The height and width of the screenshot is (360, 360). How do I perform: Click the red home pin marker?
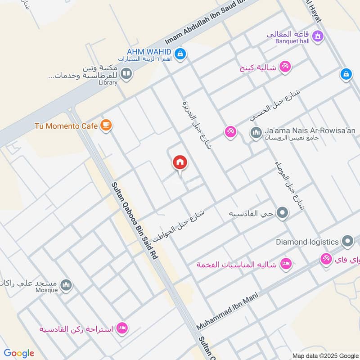[x=180, y=162]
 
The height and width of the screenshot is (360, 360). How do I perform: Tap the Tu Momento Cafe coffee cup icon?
[x=106, y=126]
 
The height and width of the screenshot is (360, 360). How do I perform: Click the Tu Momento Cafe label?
[x=66, y=126]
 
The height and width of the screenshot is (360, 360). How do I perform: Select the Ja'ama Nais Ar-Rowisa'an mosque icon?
[x=256, y=133]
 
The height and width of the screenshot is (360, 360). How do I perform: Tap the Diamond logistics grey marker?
[x=347, y=242]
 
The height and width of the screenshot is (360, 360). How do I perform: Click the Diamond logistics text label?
[x=307, y=242]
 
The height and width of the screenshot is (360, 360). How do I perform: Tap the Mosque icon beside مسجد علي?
[x=66, y=285]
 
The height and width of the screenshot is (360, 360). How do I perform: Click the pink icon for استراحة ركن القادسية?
[x=121, y=328]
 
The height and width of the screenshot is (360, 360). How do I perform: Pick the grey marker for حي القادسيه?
[x=282, y=213]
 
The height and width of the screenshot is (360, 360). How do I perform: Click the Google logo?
[x=19, y=353]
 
